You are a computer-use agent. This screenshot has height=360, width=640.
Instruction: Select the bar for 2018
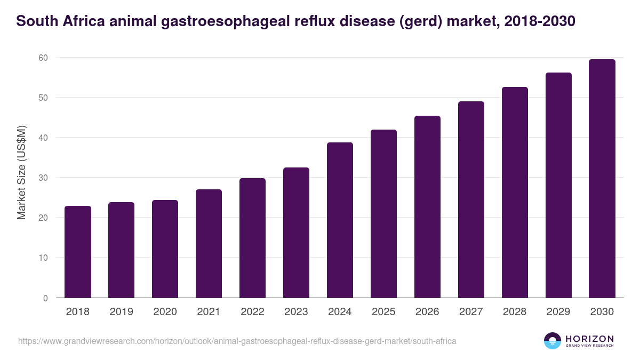[x=78, y=252]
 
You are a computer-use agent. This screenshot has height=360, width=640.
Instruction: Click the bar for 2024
[x=340, y=220]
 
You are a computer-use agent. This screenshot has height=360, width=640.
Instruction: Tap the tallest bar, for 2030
[x=602, y=178]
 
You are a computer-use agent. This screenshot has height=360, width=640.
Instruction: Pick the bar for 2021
[x=209, y=243]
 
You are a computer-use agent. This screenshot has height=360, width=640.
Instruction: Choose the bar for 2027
[x=471, y=199]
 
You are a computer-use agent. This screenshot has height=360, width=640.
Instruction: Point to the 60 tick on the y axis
[x=43, y=58]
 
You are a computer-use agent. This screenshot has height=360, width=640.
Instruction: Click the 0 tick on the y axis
[x=45, y=298]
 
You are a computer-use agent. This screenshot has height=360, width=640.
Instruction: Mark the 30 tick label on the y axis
[x=43, y=178]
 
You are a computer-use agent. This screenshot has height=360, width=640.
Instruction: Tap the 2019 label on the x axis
[x=122, y=312]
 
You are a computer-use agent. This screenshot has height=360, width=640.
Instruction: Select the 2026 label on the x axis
[x=427, y=312]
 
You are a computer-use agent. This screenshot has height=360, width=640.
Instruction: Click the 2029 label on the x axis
[x=558, y=312]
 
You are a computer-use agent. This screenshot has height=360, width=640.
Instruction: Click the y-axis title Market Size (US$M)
[x=21, y=172]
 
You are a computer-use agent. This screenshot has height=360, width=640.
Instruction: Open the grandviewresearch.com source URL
[x=237, y=341]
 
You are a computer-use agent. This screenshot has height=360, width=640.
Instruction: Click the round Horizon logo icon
[x=553, y=341]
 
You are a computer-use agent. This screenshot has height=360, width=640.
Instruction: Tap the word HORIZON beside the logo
[x=590, y=338]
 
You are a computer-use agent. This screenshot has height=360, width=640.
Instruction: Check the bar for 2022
[x=252, y=238]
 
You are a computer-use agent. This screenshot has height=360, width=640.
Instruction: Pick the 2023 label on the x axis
[x=296, y=312]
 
